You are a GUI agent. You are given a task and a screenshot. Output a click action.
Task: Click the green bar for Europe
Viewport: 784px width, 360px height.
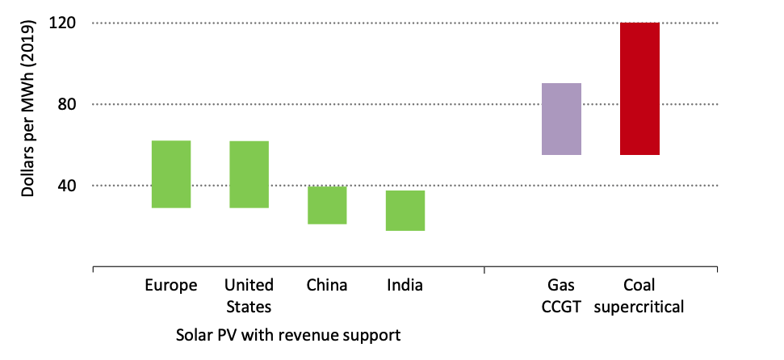click(171, 174)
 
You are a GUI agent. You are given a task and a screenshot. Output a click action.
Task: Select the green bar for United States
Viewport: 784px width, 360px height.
click(249, 174)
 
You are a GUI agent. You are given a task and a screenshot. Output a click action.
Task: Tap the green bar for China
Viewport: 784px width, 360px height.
click(327, 205)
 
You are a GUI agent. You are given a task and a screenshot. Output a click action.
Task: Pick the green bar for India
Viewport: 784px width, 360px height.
click(405, 211)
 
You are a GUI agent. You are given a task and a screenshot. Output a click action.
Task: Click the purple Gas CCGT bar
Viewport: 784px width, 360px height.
click(561, 119)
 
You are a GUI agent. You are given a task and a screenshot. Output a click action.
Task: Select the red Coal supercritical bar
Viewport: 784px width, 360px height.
click(639, 89)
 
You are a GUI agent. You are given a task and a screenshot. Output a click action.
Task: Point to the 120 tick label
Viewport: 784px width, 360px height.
click(61, 23)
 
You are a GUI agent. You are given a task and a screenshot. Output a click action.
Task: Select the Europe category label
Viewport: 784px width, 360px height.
click(171, 285)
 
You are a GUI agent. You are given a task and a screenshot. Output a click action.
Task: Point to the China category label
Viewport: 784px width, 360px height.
click(327, 285)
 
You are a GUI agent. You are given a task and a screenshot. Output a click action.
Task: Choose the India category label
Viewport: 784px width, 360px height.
click(405, 285)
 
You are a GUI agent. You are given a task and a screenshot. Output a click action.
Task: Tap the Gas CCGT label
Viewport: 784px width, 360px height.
click(561, 295)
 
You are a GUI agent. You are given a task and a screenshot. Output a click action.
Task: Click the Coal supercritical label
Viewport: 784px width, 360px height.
click(639, 295)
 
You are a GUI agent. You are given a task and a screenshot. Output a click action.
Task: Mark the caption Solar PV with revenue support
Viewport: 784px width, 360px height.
click(288, 333)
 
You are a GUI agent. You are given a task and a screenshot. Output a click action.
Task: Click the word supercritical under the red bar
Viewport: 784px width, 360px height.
click(639, 307)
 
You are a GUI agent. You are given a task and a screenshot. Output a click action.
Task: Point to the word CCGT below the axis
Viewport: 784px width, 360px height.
click(561, 307)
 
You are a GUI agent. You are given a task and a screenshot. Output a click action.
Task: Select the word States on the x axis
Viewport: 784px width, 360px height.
click(249, 307)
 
